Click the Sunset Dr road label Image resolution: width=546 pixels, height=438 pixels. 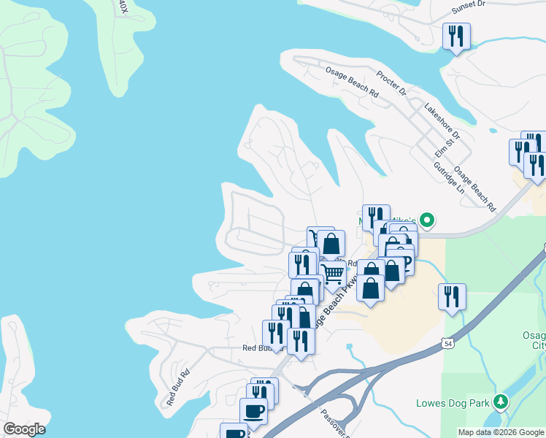468,5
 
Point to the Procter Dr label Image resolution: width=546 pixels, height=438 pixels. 391,84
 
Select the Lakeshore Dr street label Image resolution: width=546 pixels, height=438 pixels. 443,121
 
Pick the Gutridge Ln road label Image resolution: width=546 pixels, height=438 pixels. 449,177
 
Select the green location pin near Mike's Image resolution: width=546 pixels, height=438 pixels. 428,219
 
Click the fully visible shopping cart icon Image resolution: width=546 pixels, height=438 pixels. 333,274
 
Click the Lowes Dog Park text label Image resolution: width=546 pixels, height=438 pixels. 453,404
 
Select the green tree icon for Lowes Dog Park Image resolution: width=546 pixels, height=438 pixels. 500,401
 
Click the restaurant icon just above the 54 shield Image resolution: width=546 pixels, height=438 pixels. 453,296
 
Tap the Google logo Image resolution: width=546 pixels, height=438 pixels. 24,429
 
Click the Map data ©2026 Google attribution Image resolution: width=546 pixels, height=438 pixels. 501,432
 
